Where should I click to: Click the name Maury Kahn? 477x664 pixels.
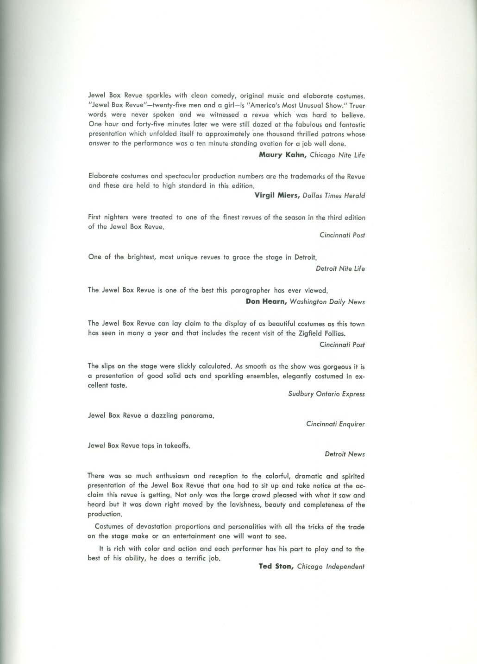tap(282, 155)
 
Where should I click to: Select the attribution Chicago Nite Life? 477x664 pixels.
tap(337, 155)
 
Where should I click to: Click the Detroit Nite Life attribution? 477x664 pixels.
tap(340, 268)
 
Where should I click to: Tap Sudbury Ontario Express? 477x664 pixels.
tap(326, 394)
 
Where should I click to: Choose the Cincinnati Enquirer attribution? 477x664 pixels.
tap(335, 424)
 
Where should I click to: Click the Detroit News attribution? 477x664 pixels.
tap(345, 454)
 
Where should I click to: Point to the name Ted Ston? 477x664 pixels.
tap(276, 566)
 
